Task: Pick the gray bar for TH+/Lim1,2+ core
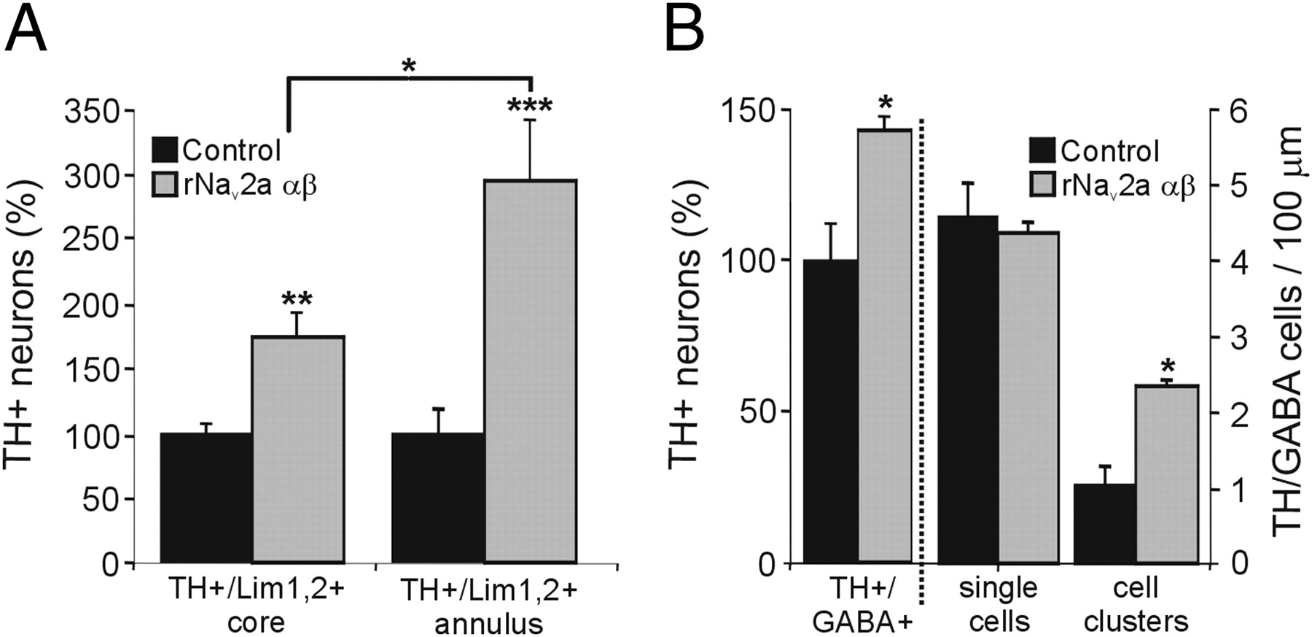click(x=297, y=449)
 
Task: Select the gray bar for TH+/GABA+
click(x=884, y=346)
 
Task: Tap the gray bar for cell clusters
click(x=1166, y=474)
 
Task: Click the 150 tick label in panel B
click(x=746, y=111)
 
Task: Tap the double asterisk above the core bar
click(x=297, y=298)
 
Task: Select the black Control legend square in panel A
click(x=164, y=150)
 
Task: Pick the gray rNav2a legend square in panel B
click(x=1042, y=187)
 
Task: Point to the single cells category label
click(x=998, y=604)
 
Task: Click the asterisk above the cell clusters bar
click(x=1168, y=366)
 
